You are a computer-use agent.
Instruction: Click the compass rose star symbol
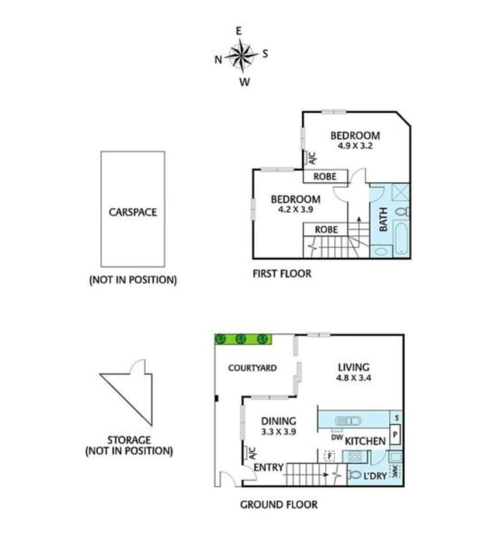coord(241,56)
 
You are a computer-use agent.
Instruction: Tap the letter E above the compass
coord(238,31)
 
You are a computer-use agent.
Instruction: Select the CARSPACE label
coord(133,212)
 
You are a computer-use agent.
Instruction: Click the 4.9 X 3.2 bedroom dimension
coord(356,146)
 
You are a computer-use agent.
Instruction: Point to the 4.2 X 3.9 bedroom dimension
coord(296,209)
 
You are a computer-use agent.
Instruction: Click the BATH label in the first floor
coord(383,220)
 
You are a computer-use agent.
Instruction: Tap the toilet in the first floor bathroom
coord(403,212)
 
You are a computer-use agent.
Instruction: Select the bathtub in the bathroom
coord(401,237)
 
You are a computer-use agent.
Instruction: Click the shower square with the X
coord(401,193)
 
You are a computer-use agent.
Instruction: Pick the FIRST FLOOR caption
coord(282,274)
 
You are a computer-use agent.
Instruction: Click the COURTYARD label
coord(252,368)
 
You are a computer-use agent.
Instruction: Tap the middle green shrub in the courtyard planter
coord(241,339)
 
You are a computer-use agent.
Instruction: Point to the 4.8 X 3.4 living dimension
coord(353,377)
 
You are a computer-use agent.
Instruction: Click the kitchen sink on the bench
coord(348,421)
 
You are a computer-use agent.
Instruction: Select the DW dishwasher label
coord(337,437)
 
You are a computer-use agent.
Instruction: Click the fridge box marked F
coord(330,456)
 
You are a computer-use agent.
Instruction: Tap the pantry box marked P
coord(395,435)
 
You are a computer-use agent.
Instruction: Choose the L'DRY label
coord(375,475)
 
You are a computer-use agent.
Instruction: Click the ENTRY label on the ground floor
coord(269,467)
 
